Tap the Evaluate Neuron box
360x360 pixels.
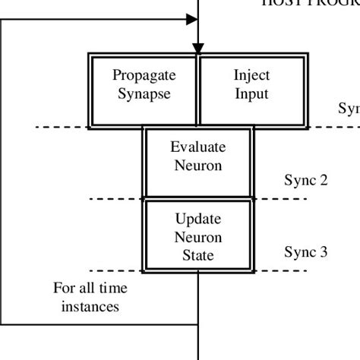click(x=198, y=163)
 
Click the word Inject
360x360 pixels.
click(x=251, y=75)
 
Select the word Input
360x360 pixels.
click(x=251, y=94)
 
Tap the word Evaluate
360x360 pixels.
click(x=198, y=147)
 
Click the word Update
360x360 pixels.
click(x=198, y=219)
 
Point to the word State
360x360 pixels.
click(x=198, y=256)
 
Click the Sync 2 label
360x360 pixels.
click(x=306, y=180)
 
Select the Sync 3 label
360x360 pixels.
click(x=306, y=251)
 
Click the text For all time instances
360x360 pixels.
click(x=90, y=298)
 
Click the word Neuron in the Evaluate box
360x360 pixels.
click(x=198, y=166)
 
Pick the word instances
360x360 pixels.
click(x=90, y=307)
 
